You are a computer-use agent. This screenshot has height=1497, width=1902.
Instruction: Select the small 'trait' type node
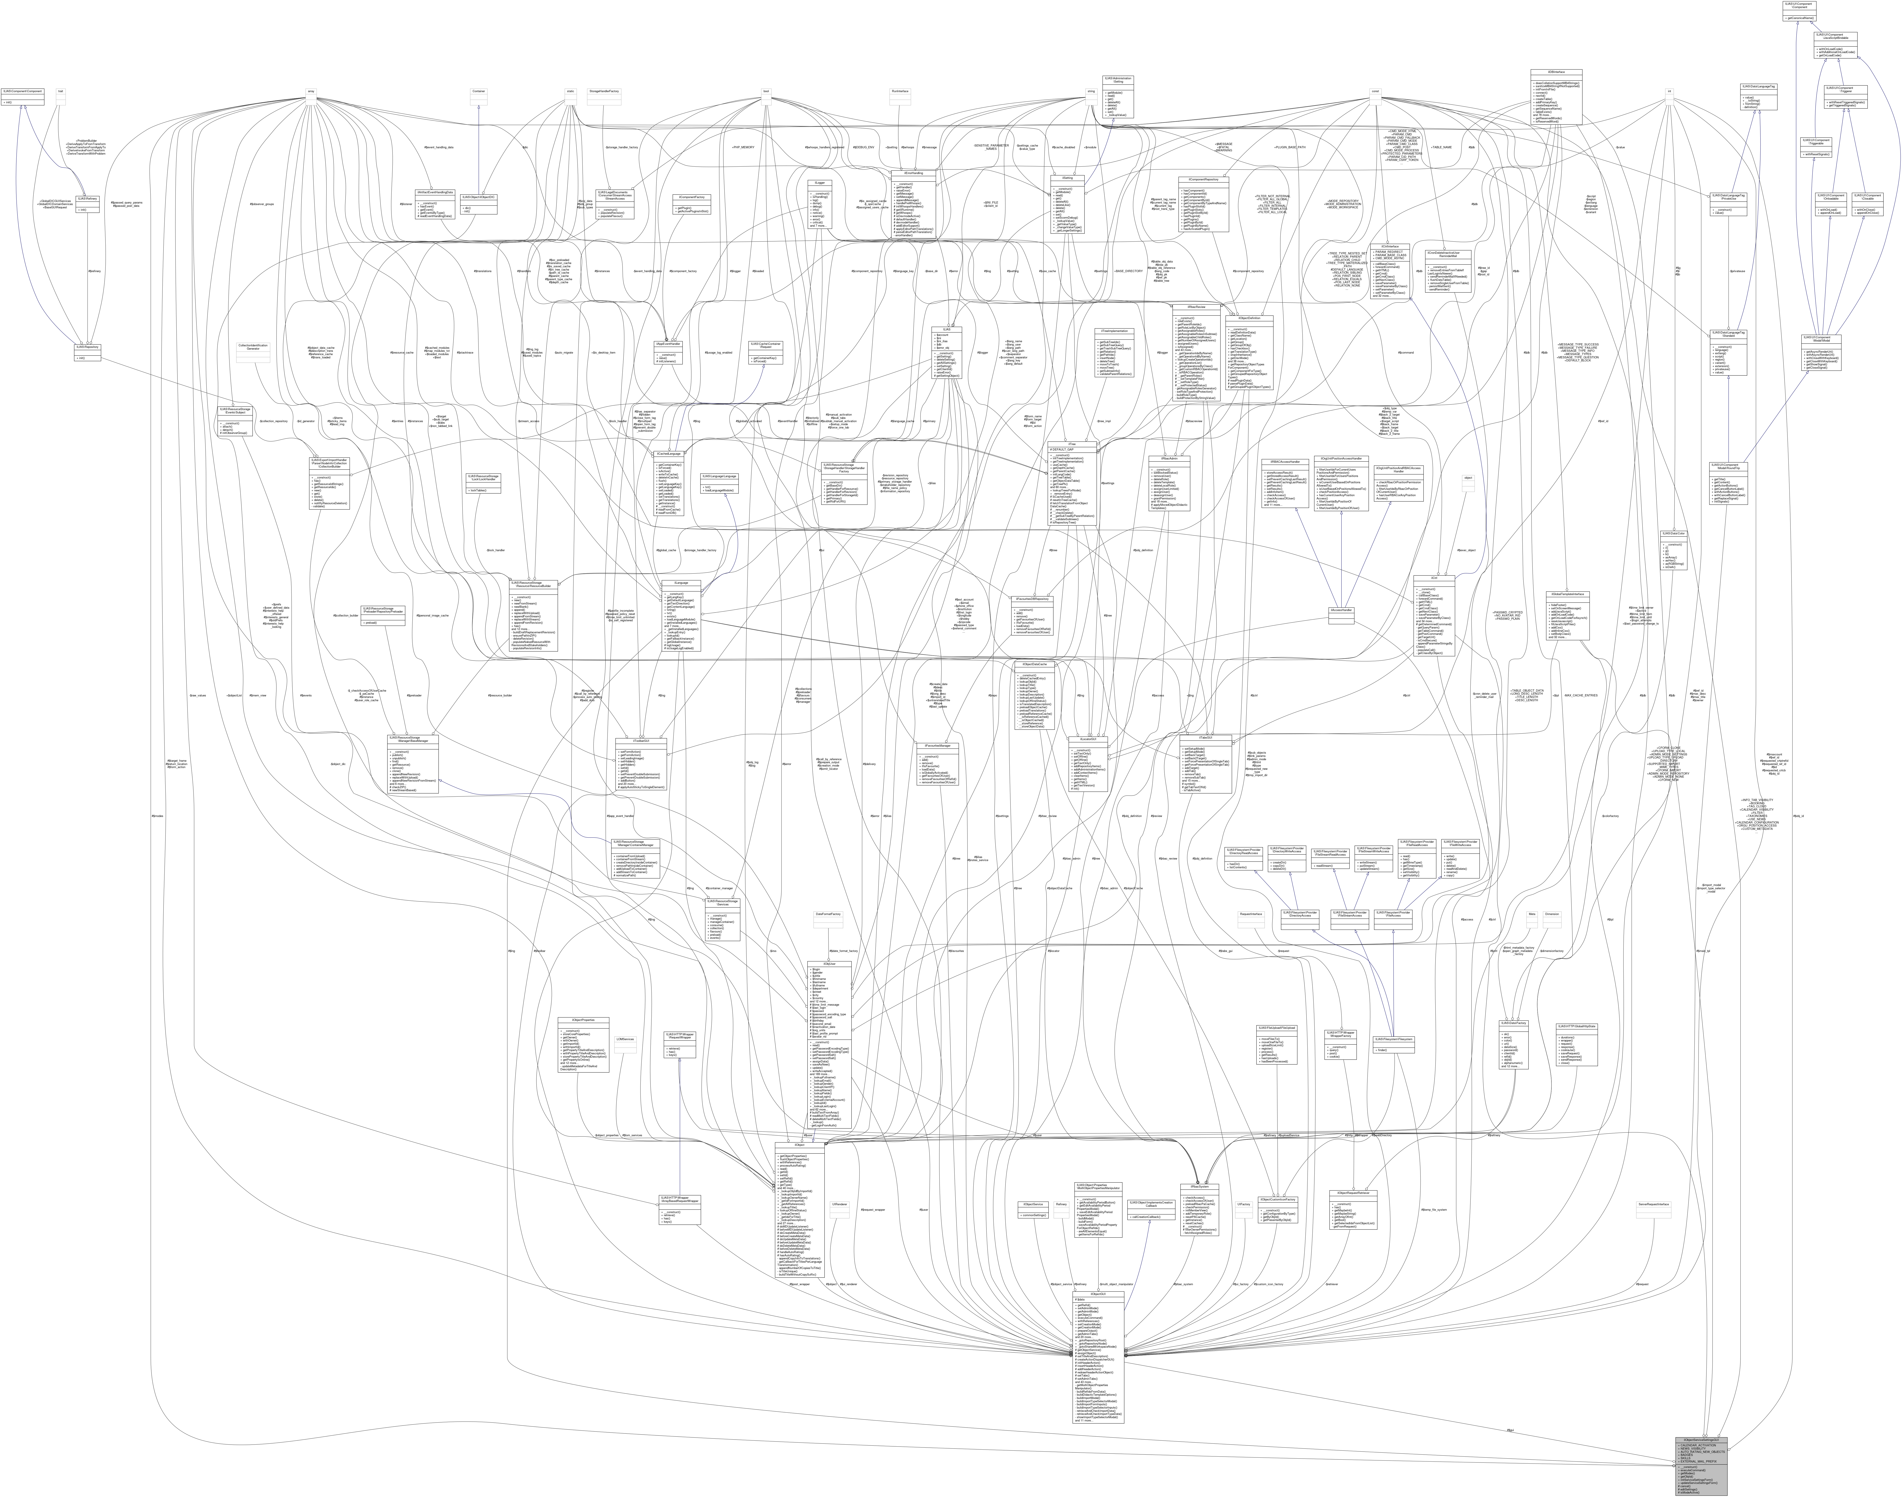click(60, 91)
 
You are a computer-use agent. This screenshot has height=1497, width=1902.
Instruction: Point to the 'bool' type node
click(766, 91)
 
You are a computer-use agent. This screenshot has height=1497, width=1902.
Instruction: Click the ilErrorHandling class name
click(913, 173)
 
